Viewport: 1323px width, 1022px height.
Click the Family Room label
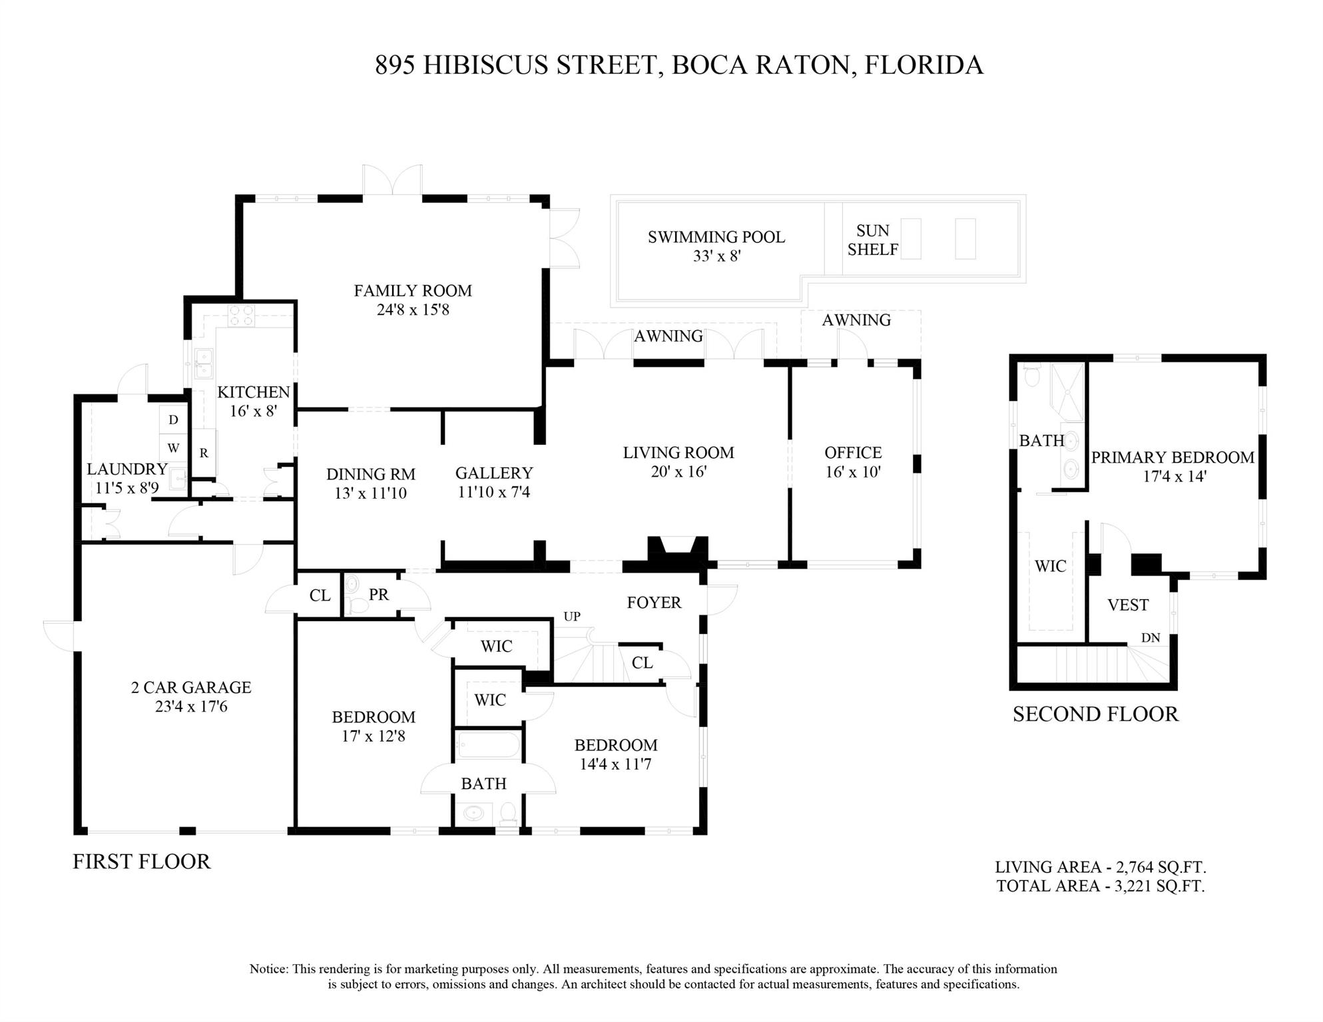coord(413,291)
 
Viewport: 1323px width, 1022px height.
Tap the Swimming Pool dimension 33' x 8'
coord(716,256)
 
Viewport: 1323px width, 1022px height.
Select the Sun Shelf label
coord(873,240)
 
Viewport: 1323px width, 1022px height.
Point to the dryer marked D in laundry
coord(173,420)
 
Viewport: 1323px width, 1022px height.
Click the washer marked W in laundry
coord(173,449)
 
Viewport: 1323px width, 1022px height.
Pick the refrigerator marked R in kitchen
coord(204,453)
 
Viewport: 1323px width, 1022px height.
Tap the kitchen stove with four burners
coord(242,316)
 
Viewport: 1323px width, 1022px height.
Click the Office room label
coord(853,453)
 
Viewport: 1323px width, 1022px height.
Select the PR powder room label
coord(378,595)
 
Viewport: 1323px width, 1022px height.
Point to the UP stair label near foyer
coord(572,617)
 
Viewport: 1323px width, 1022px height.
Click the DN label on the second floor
coord(1151,638)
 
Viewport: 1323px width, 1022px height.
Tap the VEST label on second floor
coord(1128,605)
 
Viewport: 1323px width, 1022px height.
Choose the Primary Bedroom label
coord(1173,457)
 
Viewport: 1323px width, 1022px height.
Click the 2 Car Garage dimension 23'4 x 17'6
coord(191,706)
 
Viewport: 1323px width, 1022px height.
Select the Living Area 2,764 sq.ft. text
coord(1101,867)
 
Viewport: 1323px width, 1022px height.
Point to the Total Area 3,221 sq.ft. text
coord(1101,886)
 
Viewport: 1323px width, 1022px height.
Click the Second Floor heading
coord(1095,714)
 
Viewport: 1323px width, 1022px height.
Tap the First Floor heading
coord(141,862)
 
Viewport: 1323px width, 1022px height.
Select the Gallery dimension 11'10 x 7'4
coord(494,493)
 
